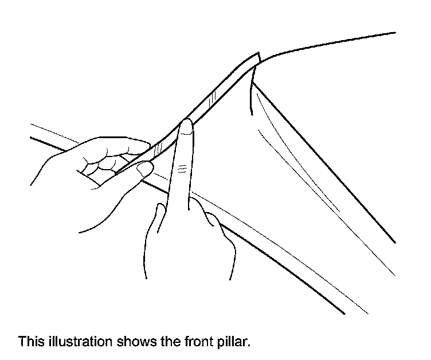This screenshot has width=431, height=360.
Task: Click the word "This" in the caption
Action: [29, 342]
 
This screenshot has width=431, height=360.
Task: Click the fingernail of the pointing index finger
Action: [186, 128]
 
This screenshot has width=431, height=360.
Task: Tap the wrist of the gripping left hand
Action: [86, 224]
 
